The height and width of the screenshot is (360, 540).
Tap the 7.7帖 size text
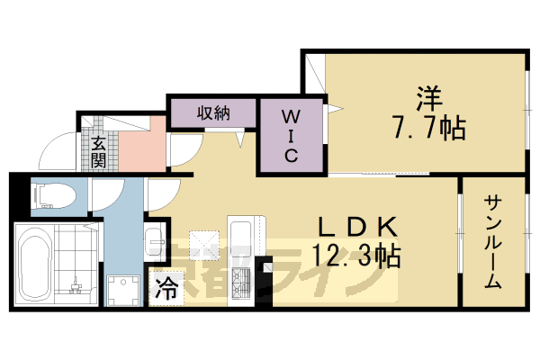point(429,129)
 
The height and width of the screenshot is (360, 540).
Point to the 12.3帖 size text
point(355,255)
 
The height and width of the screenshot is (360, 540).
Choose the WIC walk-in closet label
point(292,135)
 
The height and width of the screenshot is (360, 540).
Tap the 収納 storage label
point(214,112)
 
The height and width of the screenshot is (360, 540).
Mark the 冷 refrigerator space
point(166,290)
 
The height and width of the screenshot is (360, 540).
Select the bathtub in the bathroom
point(33,264)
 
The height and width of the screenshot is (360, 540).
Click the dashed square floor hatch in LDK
point(204,242)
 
